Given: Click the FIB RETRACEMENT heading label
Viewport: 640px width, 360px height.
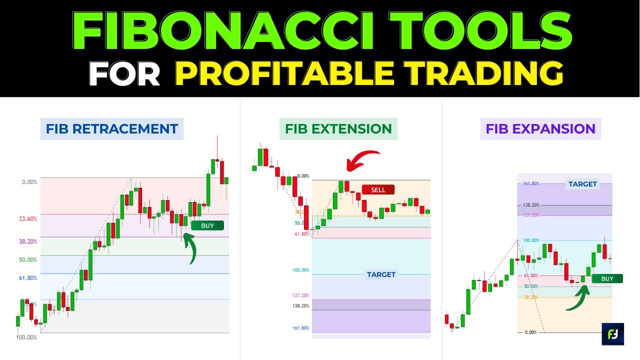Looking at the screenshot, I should coord(112,129).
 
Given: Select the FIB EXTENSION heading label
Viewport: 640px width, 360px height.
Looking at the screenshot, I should coord(338,129).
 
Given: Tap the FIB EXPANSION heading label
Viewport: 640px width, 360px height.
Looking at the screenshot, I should coord(540,129).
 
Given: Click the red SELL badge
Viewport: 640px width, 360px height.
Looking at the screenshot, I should coord(378,190).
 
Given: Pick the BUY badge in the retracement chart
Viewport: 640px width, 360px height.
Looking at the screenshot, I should coord(207,225).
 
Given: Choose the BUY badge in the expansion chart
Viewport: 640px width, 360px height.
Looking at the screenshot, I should coord(607,278).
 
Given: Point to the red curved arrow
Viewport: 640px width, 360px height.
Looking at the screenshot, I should coord(362,160).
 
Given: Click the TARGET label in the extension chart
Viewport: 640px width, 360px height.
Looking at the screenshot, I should coord(381,274).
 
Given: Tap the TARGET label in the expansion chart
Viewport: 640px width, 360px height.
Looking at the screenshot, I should coord(582,184).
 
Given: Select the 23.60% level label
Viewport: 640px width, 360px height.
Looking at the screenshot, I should coord(28,219).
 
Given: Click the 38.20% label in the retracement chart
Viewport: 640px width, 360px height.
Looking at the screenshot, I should coord(28,241).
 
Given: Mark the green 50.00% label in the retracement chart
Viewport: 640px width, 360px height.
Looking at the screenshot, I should coord(28,260).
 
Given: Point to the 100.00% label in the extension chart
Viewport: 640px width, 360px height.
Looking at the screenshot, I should coord(301,270).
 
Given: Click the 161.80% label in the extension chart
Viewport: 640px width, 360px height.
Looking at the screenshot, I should coord(301,328).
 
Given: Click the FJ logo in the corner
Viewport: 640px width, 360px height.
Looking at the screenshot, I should coord(612,334).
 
